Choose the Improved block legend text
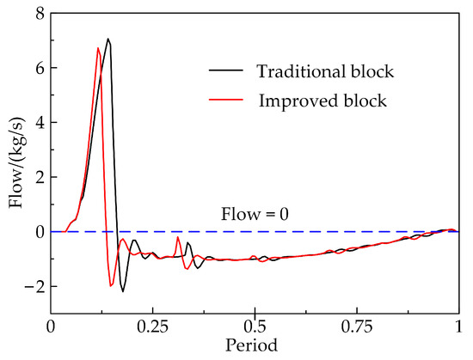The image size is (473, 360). coord(323,101)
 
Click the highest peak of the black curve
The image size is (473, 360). coord(108,39)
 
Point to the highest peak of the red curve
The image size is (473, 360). coord(98,48)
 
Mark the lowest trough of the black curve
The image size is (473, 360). coord(123,291)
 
